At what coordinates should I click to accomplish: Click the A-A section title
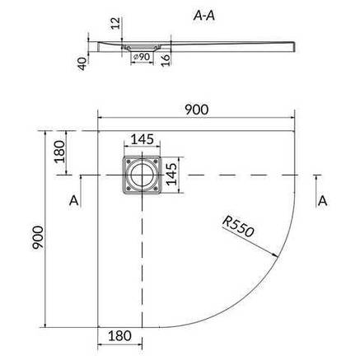click(203, 16)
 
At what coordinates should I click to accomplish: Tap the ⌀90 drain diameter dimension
click(142, 57)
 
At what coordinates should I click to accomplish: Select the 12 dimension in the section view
click(116, 23)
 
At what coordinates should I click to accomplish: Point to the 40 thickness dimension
click(82, 64)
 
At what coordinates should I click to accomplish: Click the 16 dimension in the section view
click(166, 60)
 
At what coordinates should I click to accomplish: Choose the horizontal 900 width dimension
click(196, 110)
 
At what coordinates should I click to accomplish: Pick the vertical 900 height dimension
click(38, 237)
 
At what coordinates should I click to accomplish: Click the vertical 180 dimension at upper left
click(59, 152)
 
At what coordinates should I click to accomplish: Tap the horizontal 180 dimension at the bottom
click(119, 335)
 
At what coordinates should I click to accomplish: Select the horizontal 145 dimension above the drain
click(142, 139)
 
